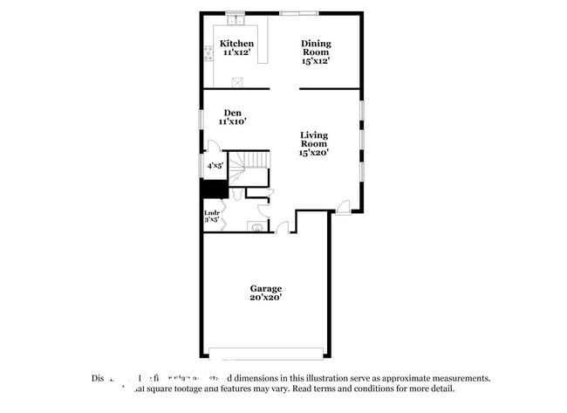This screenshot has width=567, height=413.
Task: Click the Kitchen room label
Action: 236,44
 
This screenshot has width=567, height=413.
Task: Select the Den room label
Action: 232,113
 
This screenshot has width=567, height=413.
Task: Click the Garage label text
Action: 266,288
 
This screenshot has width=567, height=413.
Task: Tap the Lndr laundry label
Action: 211,213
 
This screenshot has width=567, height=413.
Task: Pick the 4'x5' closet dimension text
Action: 215,165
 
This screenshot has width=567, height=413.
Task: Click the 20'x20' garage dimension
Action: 266,299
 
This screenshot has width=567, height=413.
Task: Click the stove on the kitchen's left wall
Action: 208,55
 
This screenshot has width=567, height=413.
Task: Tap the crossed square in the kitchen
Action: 236,81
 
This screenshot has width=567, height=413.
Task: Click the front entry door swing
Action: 345,207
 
